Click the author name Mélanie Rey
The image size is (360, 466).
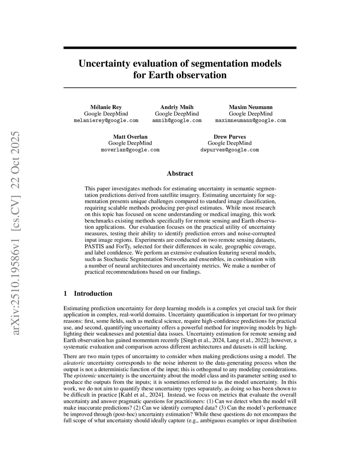click(106, 107)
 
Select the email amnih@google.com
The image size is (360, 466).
click(177, 120)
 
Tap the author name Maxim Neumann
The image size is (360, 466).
click(251, 107)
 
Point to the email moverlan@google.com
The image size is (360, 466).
click(130, 150)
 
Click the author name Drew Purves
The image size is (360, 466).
click(230, 137)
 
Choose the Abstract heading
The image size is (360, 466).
click(180, 173)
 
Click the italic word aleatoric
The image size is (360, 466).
click(74, 363)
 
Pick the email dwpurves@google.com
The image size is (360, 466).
click(230, 150)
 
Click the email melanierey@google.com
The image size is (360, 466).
click(106, 120)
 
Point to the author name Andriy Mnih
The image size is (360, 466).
click(177, 107)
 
